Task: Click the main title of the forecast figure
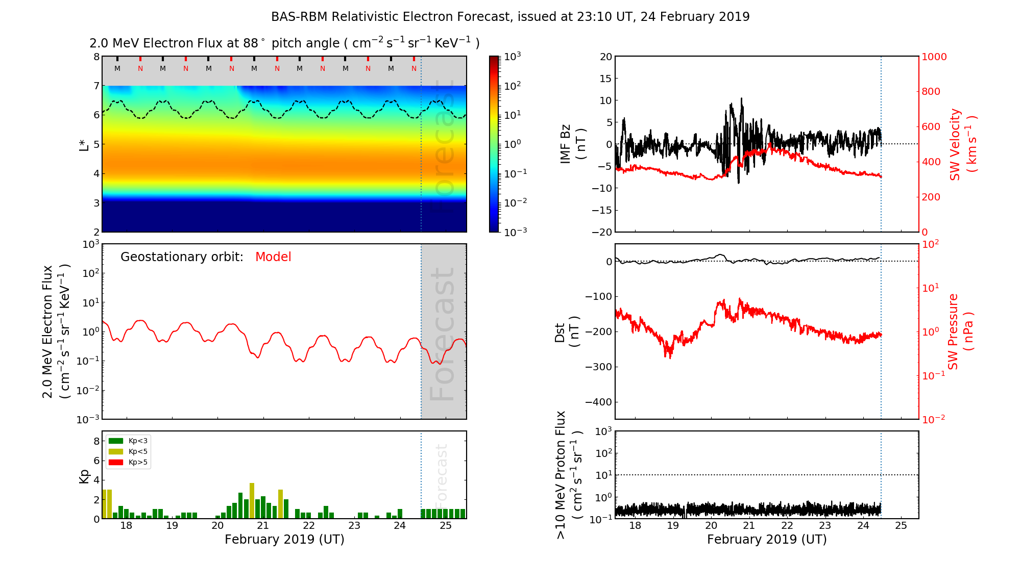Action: pyautogui.click(x=510, y=17)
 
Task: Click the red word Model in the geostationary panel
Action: pyautogui.click(x=273, y=257)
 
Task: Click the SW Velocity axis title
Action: pyautogui.click(x=963, y=144)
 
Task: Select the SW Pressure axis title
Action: pyautogui.click(x=960, y=331)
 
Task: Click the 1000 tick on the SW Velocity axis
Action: pyautogui.click(x=934, y=57)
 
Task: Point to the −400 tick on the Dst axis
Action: pyautogui.click(x=598, y=402)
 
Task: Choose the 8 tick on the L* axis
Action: pyautogui.click(x=96, y=57)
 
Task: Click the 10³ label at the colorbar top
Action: pyautogui.click(x=512, y=57)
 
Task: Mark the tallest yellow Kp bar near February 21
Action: pyautogui.click(x=252, y=500)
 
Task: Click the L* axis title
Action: pyautogui.click(x=84, y=144)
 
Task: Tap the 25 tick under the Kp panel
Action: pyautogui.click(x=445, y=526)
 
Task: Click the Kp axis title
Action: pyautogui.click(x=84, y=475)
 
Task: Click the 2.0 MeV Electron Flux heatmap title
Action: pyautogui.click(x=284, y=43)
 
